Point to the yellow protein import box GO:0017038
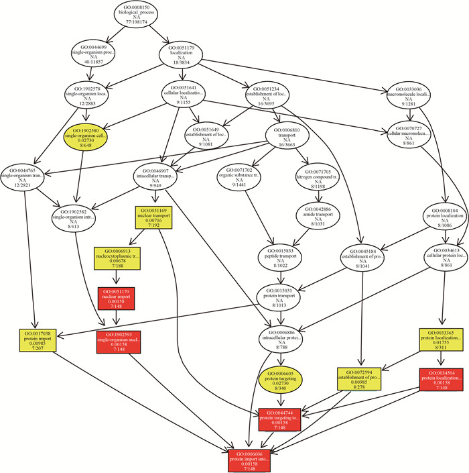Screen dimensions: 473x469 click(x=42, y=343)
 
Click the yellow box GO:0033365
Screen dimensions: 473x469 click(x=442, y=341)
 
